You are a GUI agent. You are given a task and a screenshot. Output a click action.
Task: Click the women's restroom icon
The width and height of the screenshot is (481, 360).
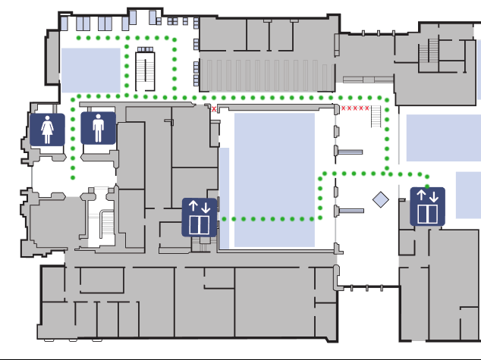pos(48,128)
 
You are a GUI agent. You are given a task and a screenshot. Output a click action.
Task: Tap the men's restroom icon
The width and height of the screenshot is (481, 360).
pos(98,127)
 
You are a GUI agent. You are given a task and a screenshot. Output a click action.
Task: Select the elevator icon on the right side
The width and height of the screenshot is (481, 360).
pos(428,207)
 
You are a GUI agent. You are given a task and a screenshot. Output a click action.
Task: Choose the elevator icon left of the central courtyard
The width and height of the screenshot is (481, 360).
pos(200,218)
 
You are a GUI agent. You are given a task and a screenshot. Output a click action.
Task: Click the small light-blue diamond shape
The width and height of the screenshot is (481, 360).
pos(380,199)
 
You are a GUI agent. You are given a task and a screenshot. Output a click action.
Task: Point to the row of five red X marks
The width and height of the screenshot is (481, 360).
pos(355,108)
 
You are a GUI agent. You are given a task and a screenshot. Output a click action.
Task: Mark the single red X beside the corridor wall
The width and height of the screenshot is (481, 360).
pos(214,109)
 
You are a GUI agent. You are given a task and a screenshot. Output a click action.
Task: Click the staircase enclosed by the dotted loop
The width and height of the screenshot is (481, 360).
pos(145,70)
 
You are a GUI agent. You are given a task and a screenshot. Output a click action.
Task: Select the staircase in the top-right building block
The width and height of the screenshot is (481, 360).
pos(433,51)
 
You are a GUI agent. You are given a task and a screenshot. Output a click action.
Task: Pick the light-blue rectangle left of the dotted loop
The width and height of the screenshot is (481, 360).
pos(91,70)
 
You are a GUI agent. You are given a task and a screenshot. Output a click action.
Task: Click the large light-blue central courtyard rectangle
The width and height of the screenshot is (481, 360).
pos(274,179)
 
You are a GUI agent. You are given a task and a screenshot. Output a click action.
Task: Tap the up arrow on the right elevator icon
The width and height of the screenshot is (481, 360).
pos(422,196)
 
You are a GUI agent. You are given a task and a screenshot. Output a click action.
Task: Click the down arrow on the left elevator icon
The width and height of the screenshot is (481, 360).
pos(206,207)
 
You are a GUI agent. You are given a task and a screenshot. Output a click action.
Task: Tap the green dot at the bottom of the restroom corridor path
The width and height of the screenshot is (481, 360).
pos(73,179)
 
